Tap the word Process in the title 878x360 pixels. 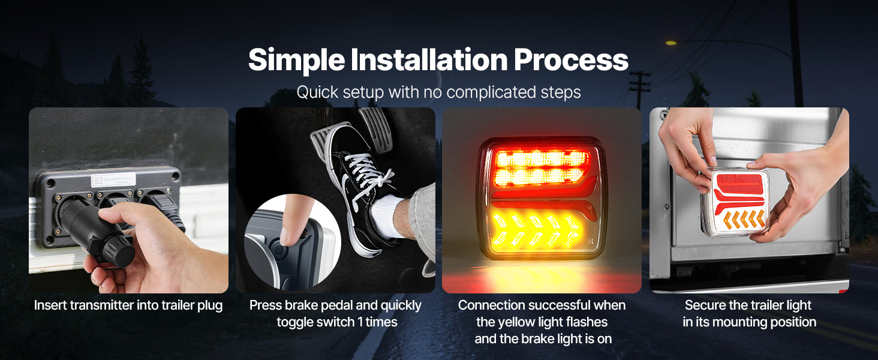pos(572,59)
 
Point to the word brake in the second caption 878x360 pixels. pos(300,305)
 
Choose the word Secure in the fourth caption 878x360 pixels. pos(704,305)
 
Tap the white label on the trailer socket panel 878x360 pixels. pos(114,180)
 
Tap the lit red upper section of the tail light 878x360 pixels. pos(542,168)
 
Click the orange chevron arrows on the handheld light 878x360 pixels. pos(744,220)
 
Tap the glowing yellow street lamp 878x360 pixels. pos(670,43)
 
